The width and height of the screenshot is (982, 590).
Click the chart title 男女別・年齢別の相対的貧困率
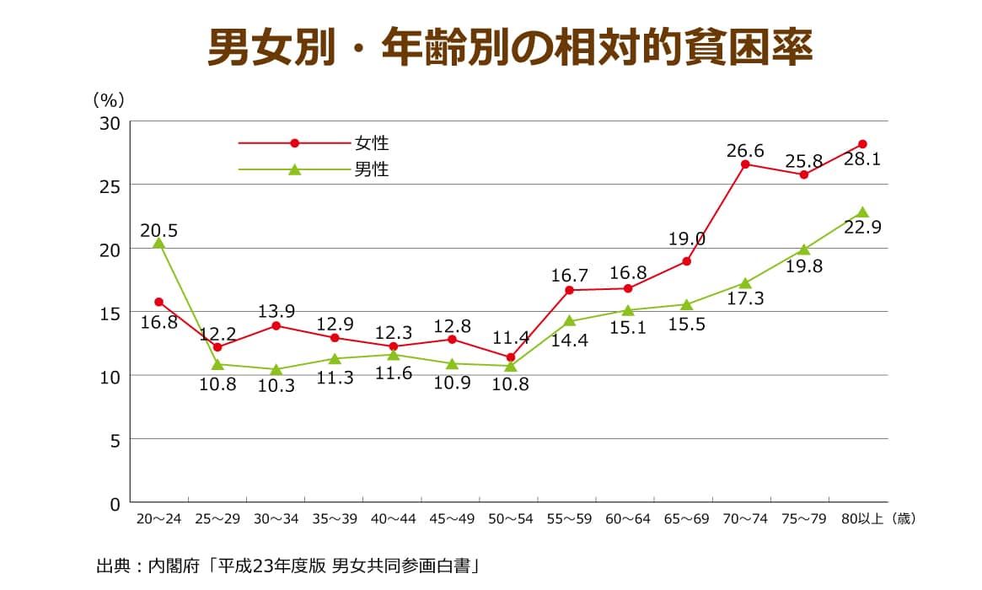click(x=510, y=49)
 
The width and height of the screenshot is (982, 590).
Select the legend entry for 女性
click(x=371, y=143)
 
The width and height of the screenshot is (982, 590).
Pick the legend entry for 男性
click(x=371, y=169)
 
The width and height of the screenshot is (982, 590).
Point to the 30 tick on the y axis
click(x=111, y=123)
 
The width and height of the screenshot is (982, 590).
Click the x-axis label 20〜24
click(x=158, y=519)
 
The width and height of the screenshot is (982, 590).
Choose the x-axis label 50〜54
click(x=510, y=519)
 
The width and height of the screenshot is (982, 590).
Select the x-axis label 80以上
click(x=861, y=519)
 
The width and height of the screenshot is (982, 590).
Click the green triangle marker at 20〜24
click(x=158, y=244)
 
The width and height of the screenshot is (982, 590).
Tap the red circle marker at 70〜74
click(x=745, y=164)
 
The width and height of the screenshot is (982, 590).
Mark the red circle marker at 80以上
click(x=862, y=144)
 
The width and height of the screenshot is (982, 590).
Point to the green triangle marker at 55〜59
click(x=569, y=321)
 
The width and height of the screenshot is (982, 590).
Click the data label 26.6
click(x=745, y=151)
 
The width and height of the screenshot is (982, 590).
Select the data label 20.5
click(x=158, y=230)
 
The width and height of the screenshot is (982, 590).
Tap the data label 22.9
click(x=862, y=228)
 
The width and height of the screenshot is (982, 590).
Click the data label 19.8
click(x=803, y=266)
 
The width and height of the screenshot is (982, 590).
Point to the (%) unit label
click(x=109, y=99)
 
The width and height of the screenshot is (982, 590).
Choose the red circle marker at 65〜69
click(x=686, y=261)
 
